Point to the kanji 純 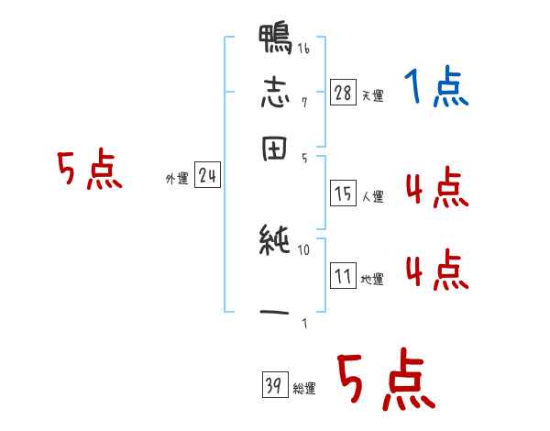point(275,241)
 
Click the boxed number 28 point(344,92)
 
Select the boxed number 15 point(344,193)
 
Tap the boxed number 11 point(344,276)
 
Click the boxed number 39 point(272,386)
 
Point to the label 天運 point(371,95)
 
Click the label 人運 point(372,196)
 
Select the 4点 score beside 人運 point(436,189)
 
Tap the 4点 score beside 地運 point(436,271)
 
